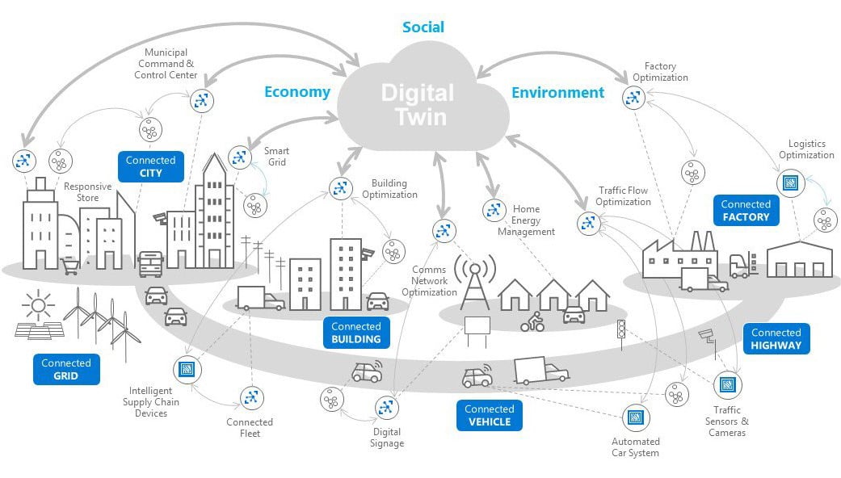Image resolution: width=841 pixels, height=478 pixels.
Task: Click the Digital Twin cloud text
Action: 418,104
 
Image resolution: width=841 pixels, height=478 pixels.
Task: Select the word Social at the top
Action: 423,27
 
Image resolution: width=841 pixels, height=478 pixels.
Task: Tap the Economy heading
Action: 297,92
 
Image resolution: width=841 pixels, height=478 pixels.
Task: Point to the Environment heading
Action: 557,93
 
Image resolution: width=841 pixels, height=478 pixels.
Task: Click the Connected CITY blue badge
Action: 151,166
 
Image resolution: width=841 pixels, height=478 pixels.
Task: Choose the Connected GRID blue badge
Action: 66,369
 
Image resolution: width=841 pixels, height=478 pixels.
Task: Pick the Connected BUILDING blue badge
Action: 356,333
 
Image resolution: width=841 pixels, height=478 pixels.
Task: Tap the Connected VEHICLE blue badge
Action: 489,415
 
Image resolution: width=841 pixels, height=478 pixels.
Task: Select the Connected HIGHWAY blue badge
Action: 776,338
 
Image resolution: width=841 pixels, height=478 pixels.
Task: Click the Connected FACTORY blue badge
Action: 746,210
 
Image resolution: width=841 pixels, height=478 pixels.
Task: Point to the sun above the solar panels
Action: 38,306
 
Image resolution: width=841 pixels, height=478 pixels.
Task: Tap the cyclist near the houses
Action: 532,321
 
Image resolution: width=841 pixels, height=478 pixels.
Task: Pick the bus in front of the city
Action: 151,264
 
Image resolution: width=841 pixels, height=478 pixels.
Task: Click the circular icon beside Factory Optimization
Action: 633,98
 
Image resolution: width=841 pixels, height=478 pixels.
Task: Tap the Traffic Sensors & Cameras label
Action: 727,421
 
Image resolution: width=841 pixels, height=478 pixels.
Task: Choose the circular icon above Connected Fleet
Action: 251,397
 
